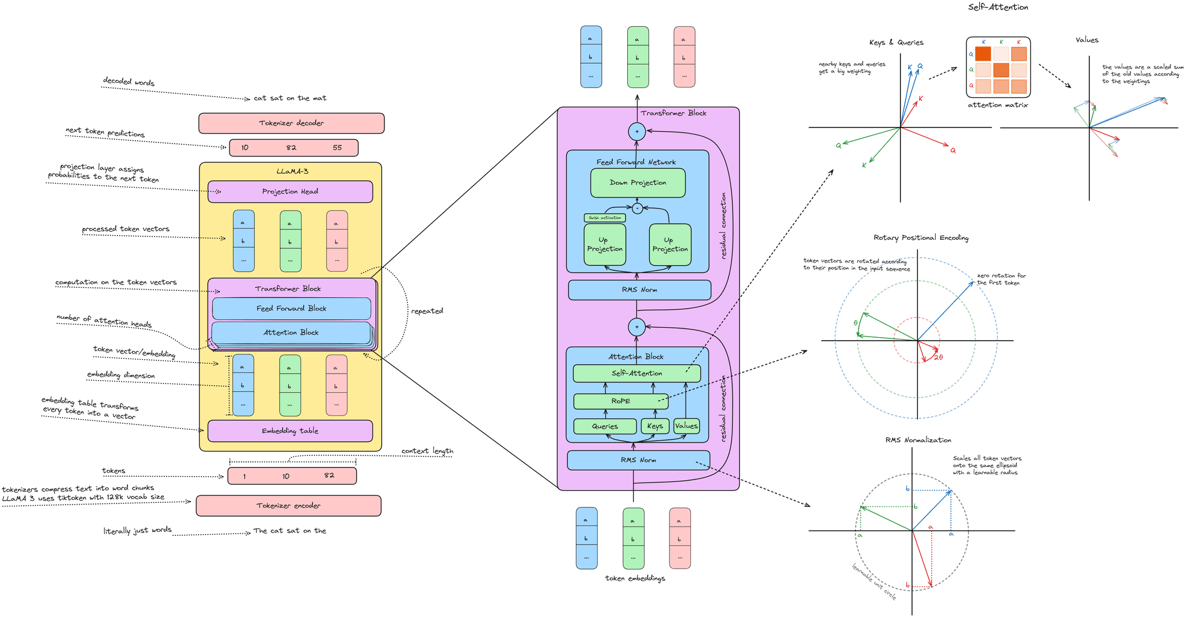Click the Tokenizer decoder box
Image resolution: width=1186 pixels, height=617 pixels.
point(291,123)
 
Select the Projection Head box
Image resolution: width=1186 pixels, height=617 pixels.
point(290,191)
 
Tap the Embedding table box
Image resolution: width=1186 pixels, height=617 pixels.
point(290,430)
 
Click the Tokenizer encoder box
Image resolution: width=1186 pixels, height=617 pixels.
point(288,505)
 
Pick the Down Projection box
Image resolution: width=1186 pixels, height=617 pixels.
point(638,182)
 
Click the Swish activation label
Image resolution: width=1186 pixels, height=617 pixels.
point(605,218)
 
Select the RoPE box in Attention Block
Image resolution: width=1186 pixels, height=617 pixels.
point(621,401)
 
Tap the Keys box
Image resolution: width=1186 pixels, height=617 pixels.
point(655,426)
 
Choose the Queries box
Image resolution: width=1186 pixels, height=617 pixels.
point(605,426)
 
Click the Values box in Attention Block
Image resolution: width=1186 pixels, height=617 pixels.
point(686,426)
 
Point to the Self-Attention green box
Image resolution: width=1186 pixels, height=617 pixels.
point(636,373)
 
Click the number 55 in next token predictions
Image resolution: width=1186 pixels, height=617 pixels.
point(337,148)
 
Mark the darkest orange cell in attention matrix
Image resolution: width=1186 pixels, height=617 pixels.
point(983,54)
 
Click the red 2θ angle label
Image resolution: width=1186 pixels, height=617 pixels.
point(938,357)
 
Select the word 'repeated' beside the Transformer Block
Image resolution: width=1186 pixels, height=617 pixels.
point(427,311)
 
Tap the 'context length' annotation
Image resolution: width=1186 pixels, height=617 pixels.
point(427,451)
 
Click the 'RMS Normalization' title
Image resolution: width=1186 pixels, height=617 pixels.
point(918,440)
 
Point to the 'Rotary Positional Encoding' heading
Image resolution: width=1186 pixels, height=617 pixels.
point(921,238)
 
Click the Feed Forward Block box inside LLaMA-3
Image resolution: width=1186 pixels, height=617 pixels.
point(291,308)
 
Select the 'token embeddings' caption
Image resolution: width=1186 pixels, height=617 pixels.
point(635,578)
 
